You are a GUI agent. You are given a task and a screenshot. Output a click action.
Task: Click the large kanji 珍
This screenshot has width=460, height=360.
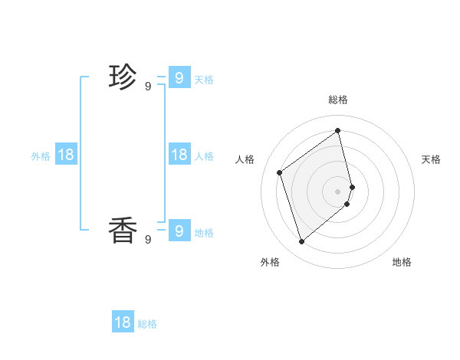(123, 77)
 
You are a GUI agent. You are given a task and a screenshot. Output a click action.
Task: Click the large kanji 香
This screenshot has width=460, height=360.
(123, 230)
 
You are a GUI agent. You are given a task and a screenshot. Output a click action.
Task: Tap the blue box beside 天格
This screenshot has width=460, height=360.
(179, 77)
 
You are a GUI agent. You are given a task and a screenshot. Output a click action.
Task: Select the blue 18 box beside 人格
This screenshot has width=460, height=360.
(179, 155)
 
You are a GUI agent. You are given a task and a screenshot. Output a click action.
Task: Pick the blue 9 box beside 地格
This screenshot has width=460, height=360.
(179, 230)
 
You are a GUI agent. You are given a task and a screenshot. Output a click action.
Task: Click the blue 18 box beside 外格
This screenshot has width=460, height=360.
(66, 155)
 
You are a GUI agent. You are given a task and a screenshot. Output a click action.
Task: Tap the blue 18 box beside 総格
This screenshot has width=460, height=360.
(123, 322)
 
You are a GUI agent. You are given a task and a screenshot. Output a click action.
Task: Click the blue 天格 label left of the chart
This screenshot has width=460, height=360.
(204, 80)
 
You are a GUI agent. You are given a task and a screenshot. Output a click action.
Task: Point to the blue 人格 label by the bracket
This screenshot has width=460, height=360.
(204, 156)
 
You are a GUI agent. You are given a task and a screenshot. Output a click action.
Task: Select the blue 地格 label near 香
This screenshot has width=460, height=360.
(204, 233)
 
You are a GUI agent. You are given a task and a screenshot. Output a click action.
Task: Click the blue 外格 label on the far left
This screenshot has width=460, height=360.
(41, 156)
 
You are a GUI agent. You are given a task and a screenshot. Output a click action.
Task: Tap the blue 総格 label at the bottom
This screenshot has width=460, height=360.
(147, 325)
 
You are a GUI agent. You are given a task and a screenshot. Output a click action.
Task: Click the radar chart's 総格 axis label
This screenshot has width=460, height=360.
(338, 100)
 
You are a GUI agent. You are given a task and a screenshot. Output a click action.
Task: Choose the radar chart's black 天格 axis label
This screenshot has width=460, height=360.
(431, 159)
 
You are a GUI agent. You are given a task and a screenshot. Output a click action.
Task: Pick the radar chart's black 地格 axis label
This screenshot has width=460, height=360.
(402, 262)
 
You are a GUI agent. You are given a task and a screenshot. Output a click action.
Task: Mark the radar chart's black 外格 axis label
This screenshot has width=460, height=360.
(270, 262)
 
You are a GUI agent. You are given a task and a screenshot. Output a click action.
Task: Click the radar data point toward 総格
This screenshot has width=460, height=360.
(338, 130)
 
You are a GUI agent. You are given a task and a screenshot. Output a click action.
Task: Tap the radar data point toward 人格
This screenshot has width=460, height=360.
(280, 172)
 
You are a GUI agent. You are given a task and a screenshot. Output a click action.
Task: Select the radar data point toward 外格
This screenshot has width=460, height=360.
(301, 242)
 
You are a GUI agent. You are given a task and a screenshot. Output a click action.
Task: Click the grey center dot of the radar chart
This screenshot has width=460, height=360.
(338, 191)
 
